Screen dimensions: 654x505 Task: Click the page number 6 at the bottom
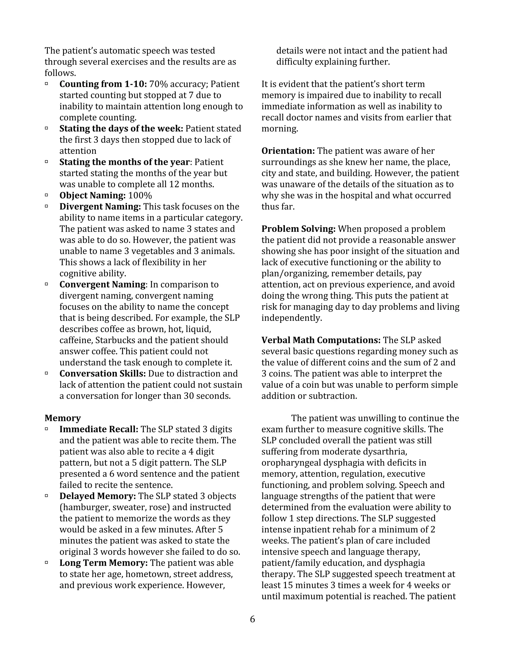click(x=252, y=619)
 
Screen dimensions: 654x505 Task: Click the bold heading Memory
click(x=63, y=418)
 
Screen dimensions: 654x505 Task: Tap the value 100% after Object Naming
click(x=140, y=195)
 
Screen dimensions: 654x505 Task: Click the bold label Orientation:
click(x=288, y=151)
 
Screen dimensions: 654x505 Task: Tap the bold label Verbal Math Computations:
click(x=321, y=340)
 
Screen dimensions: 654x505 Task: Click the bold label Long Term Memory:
click(x=104, y=563)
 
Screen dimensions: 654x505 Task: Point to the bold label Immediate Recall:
click(x=99, y=429)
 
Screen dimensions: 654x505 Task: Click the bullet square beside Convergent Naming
click(x=47, y=284)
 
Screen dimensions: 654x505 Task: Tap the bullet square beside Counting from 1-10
click(x=47, y=84)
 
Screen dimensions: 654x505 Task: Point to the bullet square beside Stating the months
click(x=47, y=162)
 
